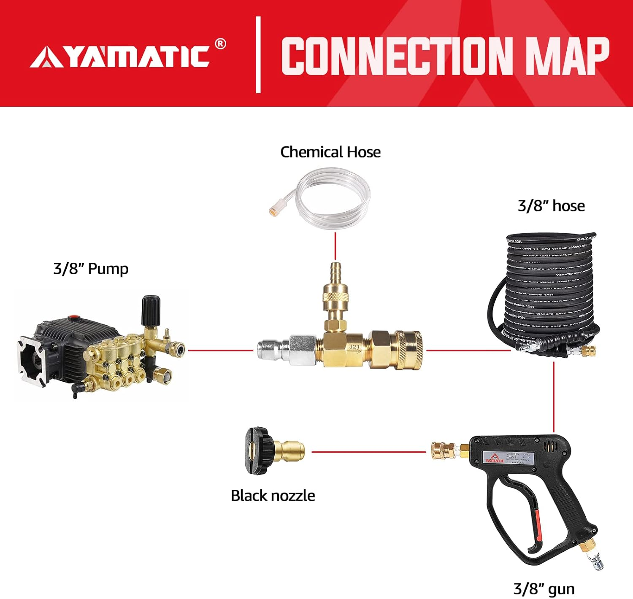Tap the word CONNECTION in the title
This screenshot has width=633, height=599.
point(397,56)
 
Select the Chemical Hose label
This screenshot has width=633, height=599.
point(330,152)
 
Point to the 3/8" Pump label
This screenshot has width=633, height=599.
point(91,269)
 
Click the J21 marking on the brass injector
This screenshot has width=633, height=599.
point(354,347)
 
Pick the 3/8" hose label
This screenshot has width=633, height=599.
point(551,206)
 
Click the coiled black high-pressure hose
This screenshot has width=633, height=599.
point(544,291)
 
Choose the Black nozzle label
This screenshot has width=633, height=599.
point(273,495)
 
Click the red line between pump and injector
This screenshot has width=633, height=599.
point(220,350)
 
